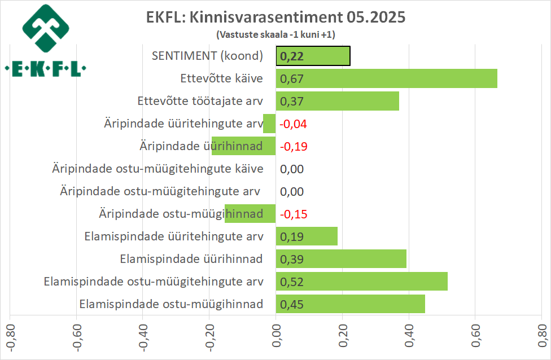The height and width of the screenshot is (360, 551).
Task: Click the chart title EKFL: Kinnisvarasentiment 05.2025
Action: [x=275, y=17]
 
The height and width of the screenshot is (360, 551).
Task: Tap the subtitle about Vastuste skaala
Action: [x=275, y=34]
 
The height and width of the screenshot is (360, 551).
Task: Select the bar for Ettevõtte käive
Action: [x=387, y=78]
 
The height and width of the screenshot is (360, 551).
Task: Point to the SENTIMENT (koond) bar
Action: [x=313, y=56]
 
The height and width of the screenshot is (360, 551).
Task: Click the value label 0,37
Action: [x=292, y=101]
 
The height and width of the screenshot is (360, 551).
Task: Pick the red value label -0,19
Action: [x=294, y=146]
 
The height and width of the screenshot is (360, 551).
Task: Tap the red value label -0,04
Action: [x=294, y=124]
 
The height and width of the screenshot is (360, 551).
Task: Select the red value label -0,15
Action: [x=294, y=214]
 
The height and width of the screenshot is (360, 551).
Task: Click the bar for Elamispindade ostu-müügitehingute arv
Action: [x=361, y=281]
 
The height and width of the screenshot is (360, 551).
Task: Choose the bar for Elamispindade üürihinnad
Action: [x=341, y=259]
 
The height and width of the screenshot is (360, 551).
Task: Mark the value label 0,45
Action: [x=292, y=304]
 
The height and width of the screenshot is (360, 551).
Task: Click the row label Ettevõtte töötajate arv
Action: [x=200, y=101]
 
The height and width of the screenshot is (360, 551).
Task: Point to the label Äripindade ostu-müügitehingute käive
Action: [x=158, y=169]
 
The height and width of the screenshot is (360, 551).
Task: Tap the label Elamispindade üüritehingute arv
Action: [x=173, y=236]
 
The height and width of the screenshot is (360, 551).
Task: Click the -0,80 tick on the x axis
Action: [x=10, y=336]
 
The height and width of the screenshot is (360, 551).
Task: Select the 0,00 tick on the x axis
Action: [x=276, y=336]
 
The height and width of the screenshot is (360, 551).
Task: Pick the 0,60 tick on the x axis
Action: [x=475, y=336]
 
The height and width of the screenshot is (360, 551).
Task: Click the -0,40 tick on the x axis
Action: [x=143, y=336]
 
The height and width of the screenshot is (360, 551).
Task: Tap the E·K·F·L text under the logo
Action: [x=46, y=70]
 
